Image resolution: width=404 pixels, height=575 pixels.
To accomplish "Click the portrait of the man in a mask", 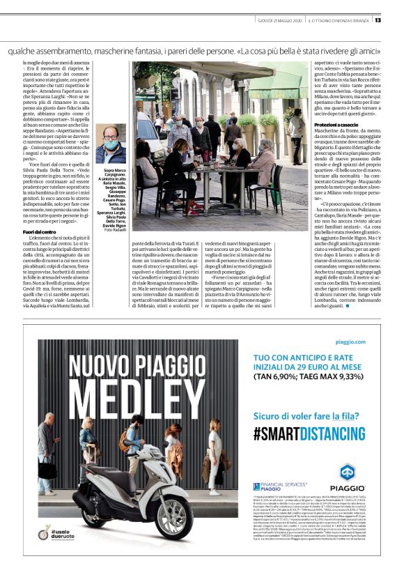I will click(111, 145).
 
